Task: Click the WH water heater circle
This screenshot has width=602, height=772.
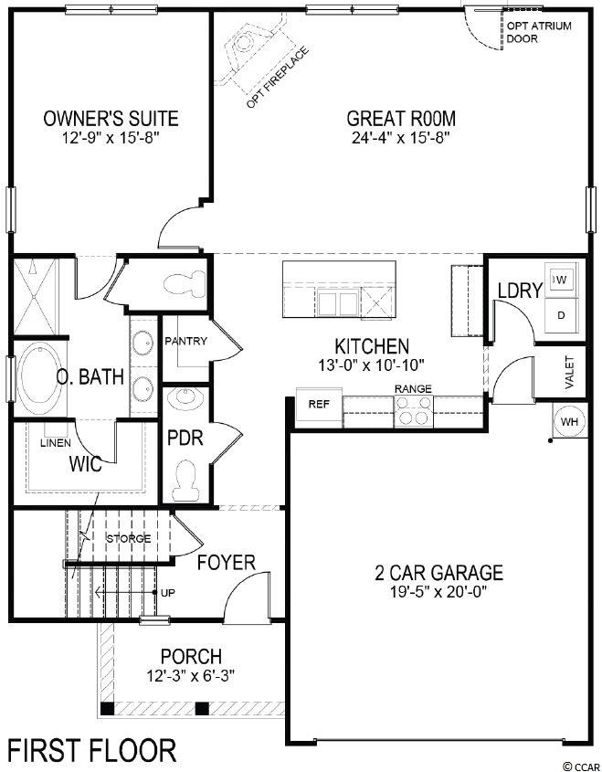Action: click(569, 421)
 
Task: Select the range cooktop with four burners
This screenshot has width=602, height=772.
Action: click(414, 411)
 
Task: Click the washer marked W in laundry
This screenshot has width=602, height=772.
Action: click(561, 280)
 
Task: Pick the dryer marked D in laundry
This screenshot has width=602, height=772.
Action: click(561, 315)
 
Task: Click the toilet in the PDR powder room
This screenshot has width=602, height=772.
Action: click(185, 481)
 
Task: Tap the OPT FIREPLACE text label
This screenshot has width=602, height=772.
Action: click(278, 78)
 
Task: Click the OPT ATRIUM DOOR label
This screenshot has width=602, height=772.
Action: click(539, 32)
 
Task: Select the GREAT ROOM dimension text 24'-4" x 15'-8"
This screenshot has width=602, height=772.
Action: click(401, 137)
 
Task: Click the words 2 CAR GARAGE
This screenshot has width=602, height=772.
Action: click(439, 573)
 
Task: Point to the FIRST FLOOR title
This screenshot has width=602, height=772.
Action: click(91, 751)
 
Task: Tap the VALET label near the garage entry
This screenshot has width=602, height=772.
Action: click(569, 372)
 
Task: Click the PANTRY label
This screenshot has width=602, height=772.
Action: click(185, 341)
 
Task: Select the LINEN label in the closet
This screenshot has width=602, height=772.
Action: click(56, 443)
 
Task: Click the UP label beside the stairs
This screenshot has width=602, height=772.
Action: click(168, 593)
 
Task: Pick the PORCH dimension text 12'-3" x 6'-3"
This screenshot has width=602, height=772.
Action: click(191, 675)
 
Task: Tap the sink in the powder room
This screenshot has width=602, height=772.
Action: click(186, 398)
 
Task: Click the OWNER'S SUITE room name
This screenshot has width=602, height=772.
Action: click(111, 119)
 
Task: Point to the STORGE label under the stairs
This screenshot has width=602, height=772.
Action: click(129, 539)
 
